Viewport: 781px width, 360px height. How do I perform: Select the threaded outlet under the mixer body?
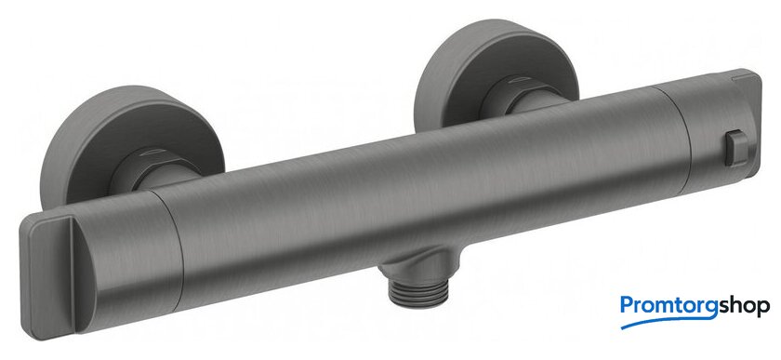click(418, 294)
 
